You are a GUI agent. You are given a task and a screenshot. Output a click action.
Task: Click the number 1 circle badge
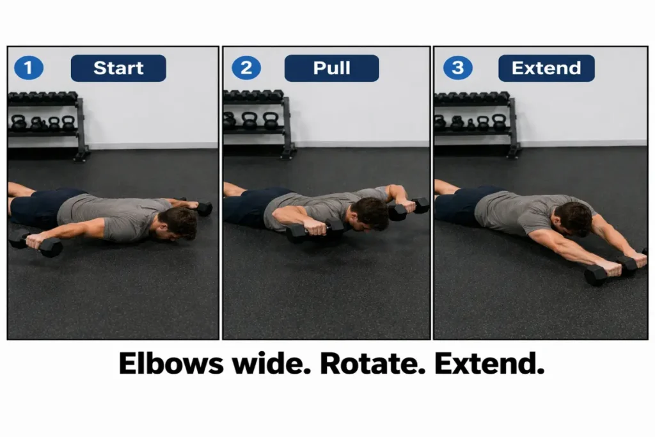click(28, 68)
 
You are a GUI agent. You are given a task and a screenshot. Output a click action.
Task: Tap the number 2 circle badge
click(246, 68)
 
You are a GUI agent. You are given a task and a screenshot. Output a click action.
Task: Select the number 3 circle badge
click(458, 68)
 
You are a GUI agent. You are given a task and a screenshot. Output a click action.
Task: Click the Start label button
click(118, 68)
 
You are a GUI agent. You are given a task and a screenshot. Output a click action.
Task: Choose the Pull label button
click(331, 68)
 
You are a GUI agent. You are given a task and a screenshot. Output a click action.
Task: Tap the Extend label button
click(546, 68)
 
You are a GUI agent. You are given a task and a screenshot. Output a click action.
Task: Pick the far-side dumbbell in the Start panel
click(203, 208)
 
